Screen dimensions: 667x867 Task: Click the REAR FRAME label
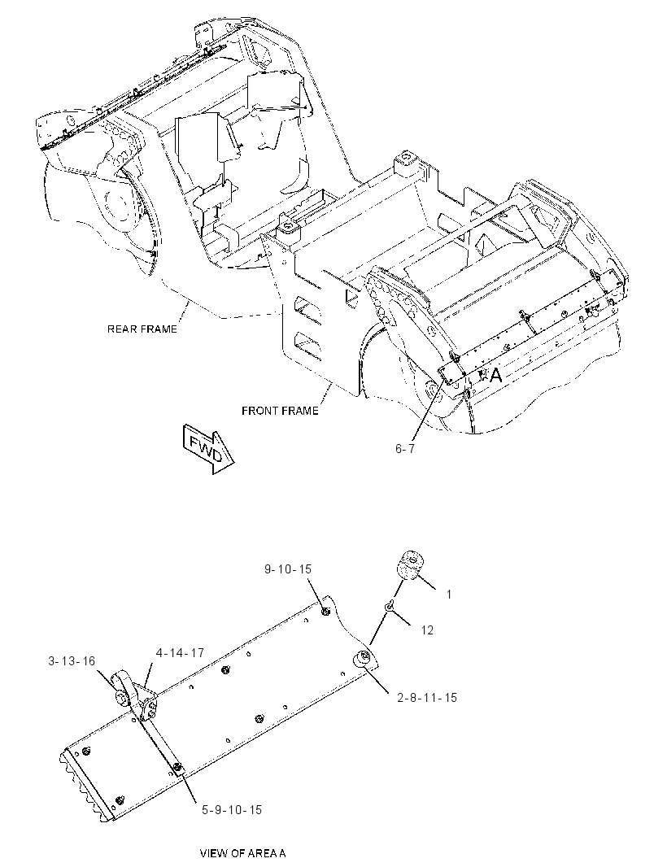(x=142, y=329)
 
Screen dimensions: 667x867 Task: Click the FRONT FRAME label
(x=280, y=411)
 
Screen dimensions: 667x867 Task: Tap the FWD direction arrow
(x=208, y=448)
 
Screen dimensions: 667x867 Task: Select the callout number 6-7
(x=405, y=449)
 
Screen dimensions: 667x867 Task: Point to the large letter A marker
(x=495, y=376)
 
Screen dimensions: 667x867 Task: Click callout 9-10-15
(x=288, y=569)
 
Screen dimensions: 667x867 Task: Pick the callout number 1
(x=449, y=595)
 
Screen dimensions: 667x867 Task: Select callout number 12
(x=427, y=630)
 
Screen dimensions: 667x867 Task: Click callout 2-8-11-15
(x=427, y=698)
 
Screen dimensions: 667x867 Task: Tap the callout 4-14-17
(x=180, y=653)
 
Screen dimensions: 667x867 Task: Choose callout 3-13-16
(x=72, y=660)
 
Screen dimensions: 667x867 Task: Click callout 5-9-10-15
(x=232, y=810)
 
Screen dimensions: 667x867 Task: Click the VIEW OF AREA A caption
(x=242, y=853)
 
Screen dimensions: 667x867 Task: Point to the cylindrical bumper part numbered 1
(x=408, y=565)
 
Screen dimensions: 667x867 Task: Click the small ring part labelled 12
(x=390, y=607)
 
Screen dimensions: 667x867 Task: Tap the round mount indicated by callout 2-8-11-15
(x=364, y=659)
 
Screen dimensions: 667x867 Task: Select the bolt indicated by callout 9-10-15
(x=325, y=611)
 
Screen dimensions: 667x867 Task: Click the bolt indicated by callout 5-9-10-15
(x=177, y=767)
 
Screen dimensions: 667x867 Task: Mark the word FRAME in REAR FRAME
(x=158, y=329)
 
